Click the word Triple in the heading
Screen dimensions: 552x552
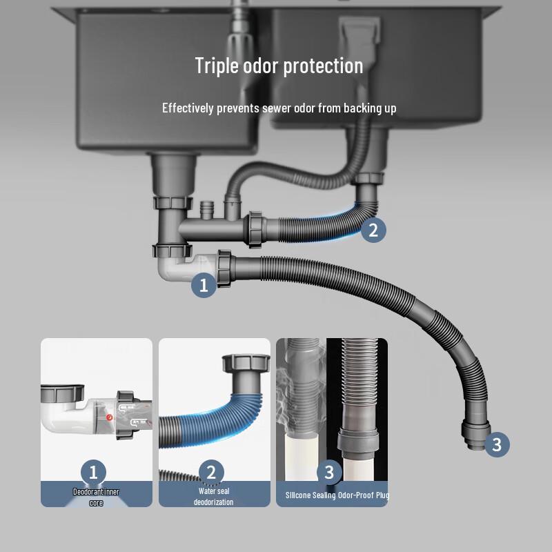point(216,66)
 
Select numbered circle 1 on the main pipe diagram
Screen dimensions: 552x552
point(204,285)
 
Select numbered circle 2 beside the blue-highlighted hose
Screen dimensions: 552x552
point(373,230)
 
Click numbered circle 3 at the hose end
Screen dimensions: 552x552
point(497,444)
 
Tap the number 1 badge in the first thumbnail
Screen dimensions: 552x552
point(94,473)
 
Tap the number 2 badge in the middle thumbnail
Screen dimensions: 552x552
point(211,473)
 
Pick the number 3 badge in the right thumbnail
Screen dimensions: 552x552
point(329,473)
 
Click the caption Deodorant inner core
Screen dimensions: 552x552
point(96,497)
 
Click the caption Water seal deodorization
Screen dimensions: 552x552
point(213,496)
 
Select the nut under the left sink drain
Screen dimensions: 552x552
point(170,203)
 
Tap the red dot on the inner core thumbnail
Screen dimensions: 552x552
point(109,417)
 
